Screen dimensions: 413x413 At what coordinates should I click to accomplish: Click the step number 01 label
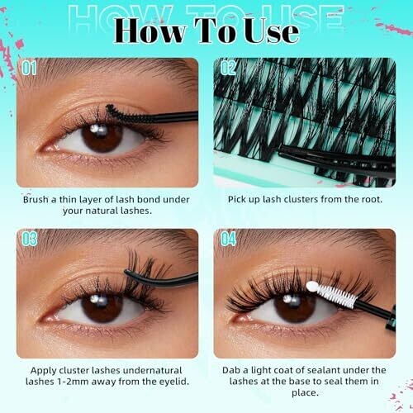[x=29, y=68]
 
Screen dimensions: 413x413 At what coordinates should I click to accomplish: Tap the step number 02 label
[x=228, y=68]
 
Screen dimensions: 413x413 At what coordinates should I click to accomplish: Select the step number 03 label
[x=30, y=239]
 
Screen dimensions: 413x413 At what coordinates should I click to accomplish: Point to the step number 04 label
[x=228, y=239]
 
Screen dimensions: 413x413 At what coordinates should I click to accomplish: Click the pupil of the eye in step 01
[x=102, y=137]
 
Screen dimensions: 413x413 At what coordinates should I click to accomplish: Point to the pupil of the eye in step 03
[x=102, y=306]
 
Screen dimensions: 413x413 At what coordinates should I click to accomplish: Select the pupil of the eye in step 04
[x=295, y=306]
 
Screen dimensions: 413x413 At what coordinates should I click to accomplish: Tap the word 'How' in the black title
[x=149, y=31]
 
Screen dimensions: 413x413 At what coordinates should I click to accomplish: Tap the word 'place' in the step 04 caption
[x=303, y=393]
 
